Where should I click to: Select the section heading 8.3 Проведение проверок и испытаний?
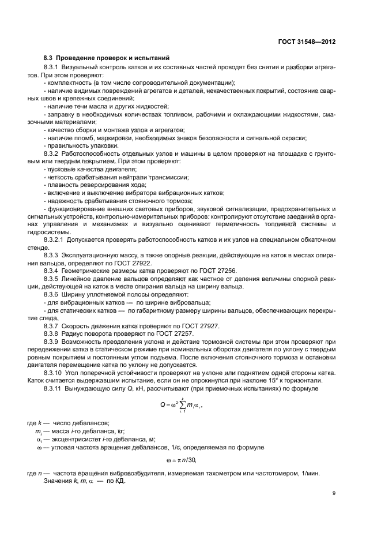(x=106, y=58)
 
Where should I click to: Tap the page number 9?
(x=334, y=493)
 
